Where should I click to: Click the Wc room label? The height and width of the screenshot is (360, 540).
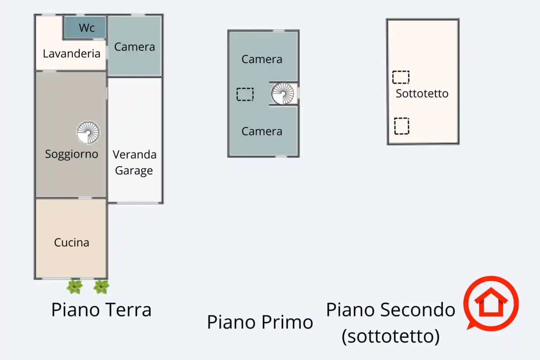86,28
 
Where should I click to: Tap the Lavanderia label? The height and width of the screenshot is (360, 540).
71,53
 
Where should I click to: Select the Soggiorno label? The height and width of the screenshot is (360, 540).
71,154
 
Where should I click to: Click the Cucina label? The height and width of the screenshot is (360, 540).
71,242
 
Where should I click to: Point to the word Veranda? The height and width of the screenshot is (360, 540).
134,155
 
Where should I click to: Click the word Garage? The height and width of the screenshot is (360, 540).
134,170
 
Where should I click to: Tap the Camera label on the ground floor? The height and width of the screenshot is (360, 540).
134,47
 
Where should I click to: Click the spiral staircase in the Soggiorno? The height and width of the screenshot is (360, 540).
88,132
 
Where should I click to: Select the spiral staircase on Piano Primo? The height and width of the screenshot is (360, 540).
283,93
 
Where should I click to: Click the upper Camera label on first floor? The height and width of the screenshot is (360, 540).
262,59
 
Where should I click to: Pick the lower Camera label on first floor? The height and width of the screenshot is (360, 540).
262,131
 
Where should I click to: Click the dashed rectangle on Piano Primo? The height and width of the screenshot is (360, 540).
245,94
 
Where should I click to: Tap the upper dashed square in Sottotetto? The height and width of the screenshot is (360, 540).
401,77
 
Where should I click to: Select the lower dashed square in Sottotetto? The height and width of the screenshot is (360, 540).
401,126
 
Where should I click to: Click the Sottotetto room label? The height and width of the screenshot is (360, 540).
422,93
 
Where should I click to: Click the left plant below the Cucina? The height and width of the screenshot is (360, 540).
74,287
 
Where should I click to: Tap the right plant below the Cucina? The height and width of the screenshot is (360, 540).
101,287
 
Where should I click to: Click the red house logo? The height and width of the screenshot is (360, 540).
491,303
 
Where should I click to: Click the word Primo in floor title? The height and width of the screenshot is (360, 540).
287,322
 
